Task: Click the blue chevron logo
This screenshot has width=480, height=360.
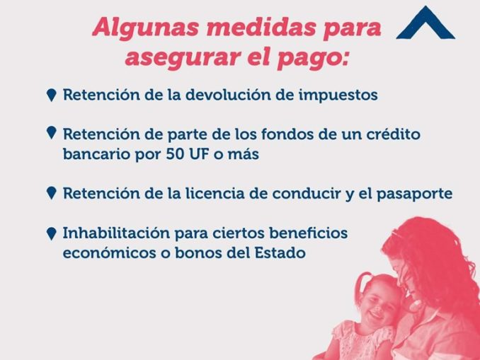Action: [425, 23]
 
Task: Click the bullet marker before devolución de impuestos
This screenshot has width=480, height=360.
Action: [52, 95]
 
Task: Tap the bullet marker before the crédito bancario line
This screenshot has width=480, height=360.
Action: [52, 133]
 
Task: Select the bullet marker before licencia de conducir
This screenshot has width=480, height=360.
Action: [52, 193]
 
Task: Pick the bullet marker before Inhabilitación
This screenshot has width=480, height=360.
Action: [52, 233]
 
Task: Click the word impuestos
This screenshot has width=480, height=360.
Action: [338, 95]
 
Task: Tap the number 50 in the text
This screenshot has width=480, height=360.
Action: [175, 154]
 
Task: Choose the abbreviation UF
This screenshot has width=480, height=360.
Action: [199, 154]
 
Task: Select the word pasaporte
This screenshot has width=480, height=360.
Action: [414, 194]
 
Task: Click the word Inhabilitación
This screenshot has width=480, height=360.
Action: [116, 233]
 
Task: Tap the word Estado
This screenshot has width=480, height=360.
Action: [280, 253]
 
